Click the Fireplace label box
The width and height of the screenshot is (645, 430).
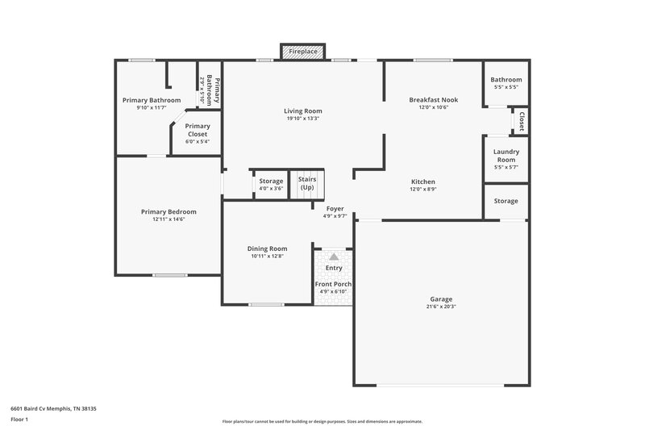[x=303, y=52]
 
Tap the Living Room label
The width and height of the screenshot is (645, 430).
[x=302, y=111]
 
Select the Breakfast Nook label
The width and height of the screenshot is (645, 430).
[x=433, y=99]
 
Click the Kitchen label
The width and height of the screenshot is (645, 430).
[x=423, y=182]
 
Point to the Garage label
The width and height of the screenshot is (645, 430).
[x=442, y=298]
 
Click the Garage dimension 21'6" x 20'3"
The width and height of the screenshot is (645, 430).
[x=442, y=307]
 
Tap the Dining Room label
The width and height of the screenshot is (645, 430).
[x=267, y=248]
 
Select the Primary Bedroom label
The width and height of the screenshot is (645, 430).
[x=169, y=211]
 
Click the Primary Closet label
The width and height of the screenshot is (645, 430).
[x=198, y=130]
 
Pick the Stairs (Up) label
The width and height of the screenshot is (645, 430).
[x=306, y=183]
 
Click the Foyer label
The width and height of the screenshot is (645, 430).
[x=335, y=209]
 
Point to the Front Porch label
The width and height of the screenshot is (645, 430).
[x=333, y=284]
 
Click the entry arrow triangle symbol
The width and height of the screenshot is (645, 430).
[x=334, y=256]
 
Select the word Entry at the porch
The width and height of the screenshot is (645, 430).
[x=334, y=268]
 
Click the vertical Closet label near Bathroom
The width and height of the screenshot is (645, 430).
[x=522, y=122]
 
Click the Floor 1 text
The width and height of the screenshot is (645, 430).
[x=20, y=420]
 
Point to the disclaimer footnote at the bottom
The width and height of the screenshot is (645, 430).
[x=322, y=421]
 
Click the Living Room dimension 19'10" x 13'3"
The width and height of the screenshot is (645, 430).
[x=302, y=119]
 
